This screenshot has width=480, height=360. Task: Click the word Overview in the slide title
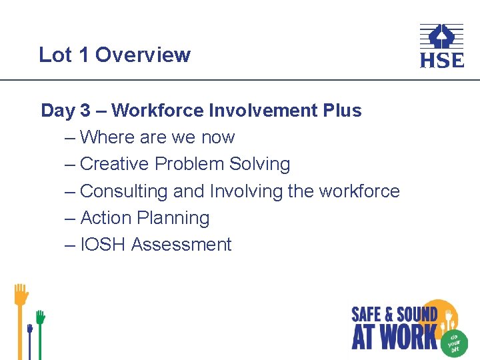click(x=143, y=55)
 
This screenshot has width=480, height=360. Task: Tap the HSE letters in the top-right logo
click(x=441, y=61)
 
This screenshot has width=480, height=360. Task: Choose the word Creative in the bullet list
click(x=115, y=164)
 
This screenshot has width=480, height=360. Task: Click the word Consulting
click(x=124, y=191)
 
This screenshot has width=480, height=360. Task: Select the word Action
click(x=105, y=218)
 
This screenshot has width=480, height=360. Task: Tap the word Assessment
click(x=181, y=245)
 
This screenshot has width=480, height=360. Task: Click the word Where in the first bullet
click(x=108, y=137)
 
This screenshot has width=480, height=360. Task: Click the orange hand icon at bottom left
click(x=21, y=297)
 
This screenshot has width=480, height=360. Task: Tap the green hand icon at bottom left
click(x=40, y=318)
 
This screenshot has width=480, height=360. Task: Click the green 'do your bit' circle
click(x=454, y=341)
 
